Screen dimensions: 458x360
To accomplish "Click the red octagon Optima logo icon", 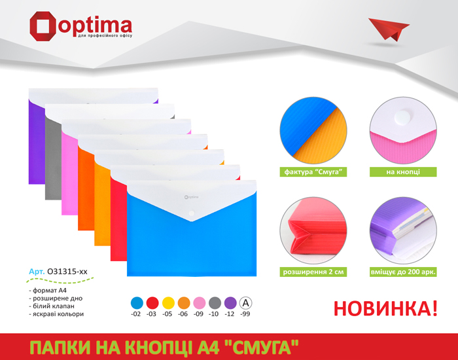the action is click(43, 26).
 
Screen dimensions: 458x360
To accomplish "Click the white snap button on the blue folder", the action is click(192, 213).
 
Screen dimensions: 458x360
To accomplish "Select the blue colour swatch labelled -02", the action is click(137, 303).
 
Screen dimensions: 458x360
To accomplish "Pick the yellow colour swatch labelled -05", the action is click(168, 303).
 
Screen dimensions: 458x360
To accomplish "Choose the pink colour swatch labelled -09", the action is click(200, 303).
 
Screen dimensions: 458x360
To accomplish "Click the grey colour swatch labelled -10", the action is click(215, 303).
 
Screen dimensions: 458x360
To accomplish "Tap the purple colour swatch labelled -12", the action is click(230, 303).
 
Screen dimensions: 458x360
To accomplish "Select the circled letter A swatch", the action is click(245, 303).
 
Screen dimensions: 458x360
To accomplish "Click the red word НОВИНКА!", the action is click(385, 308).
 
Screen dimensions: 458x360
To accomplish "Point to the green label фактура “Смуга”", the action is click(313, 171).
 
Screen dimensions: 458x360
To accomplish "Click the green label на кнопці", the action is click(403, 171).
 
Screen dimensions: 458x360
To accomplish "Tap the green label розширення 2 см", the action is click(313, 272).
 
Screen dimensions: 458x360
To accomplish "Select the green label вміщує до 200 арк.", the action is click(403, 272).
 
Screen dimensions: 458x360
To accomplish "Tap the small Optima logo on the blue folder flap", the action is click(191, 197).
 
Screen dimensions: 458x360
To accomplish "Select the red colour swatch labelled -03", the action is click(152, 303).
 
